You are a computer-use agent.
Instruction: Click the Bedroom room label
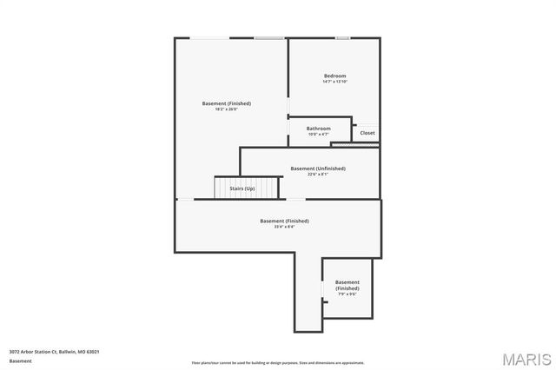pyautogui.click(x=334, y=76)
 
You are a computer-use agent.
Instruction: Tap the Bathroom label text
pyautogui.click(x=318, y=129)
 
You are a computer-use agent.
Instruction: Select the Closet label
pyautogui.click(x=367, y=133)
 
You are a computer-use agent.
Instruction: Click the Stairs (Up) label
pyautogui.click(x=242, y=188)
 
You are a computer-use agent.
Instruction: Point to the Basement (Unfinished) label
pyautogui.click(x=317, y=168)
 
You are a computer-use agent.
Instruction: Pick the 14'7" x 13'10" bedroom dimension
pyautogui.click(x=334, y=82)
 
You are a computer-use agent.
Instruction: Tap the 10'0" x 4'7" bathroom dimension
pyautogui.click(x=318, y=135)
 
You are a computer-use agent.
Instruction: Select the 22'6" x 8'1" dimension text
pyautogui.click(x=317, y=175)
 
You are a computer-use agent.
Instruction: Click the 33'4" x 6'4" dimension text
pyautogui.click(x=284, y=227)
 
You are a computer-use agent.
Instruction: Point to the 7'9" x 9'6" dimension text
pyautogui.click(x=347, y=294)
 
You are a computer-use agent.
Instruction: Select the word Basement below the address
pyautogui.click(x=20, y=360)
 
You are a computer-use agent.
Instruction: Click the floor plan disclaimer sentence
pyautogui.click(x=277, y=363)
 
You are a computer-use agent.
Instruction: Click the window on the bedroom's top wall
pyautogui.click(x=342, y=37)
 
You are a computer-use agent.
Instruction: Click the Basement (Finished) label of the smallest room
pyautogui.click(x=347, y=285)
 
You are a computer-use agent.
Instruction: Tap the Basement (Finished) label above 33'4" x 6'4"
pyautogui.click(x=284, y=221)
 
